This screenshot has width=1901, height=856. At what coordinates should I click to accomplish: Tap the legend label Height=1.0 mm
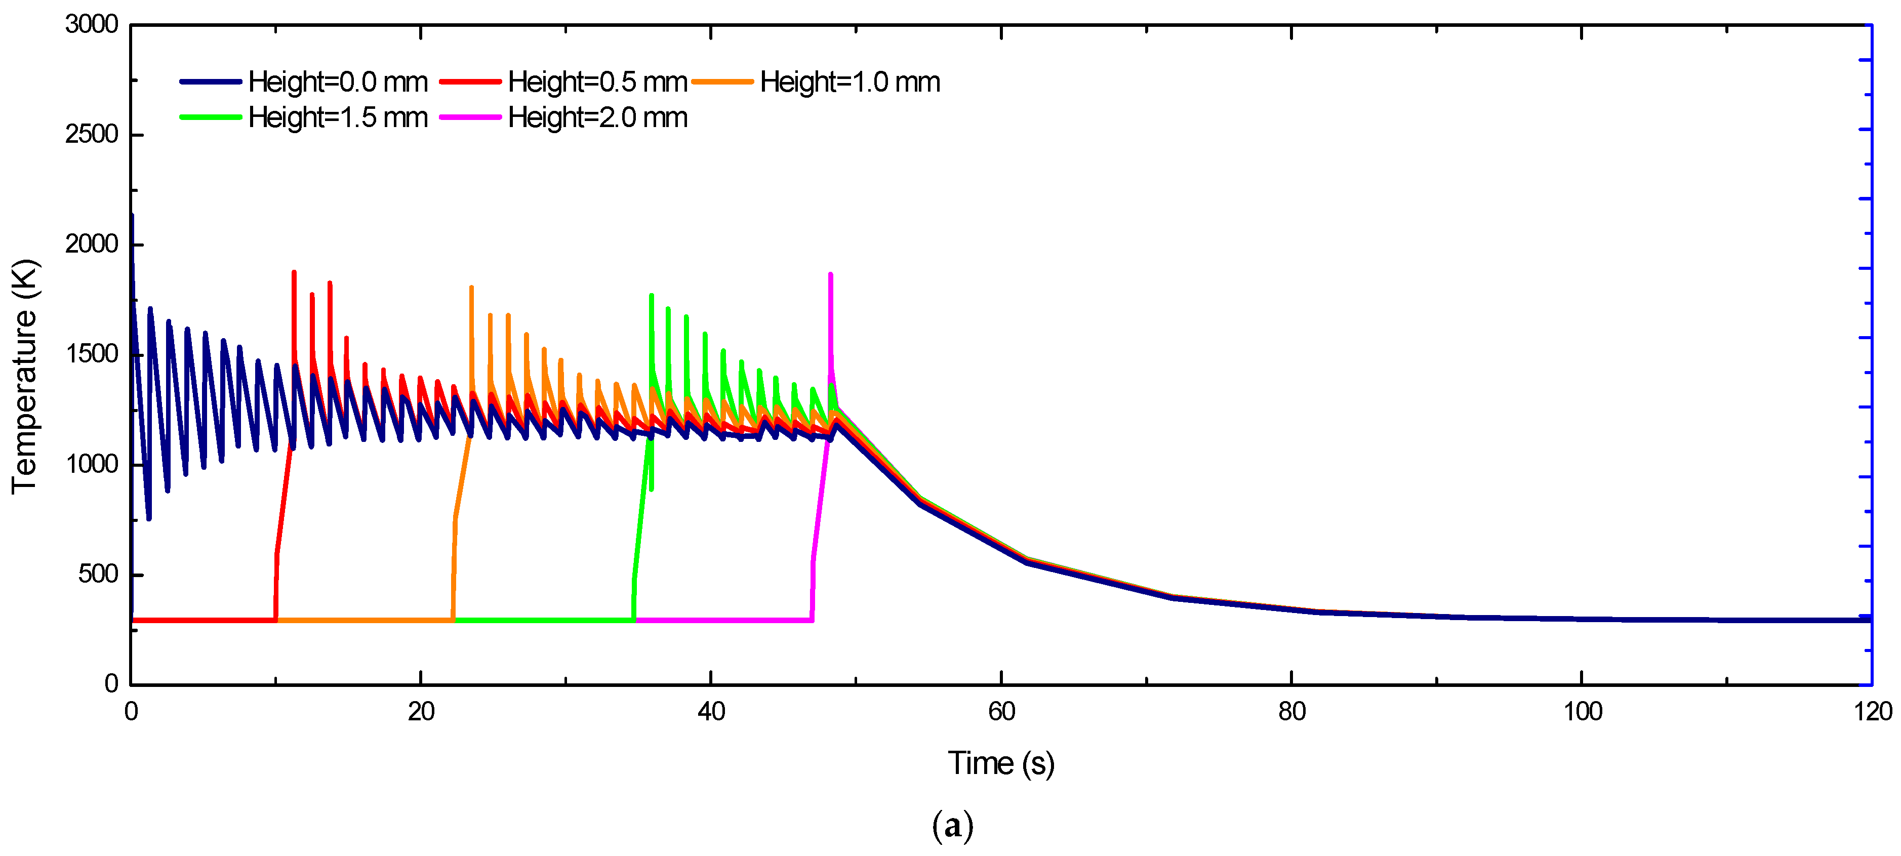tap(850, 82)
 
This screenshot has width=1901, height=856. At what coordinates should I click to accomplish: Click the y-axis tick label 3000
tap(92, 24)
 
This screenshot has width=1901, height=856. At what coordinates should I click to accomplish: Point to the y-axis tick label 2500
tap(92, 134)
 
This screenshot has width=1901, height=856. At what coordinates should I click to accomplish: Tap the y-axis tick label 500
tap(98, 574)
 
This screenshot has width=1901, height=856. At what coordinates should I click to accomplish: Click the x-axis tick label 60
tap(1001, 712)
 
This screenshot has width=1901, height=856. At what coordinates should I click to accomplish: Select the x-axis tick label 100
tap(1582, 712)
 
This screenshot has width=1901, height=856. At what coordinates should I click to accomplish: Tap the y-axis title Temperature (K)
tap(24, 376)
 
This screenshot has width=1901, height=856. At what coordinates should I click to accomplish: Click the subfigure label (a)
tap(952, 826)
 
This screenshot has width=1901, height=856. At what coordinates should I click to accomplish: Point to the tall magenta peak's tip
tap(830, 274)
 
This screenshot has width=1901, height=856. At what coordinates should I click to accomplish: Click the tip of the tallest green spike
tap(651, 295)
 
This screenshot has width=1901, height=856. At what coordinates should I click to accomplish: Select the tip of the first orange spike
tap(471, 287)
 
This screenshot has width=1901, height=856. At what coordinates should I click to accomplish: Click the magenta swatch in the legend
tap(470, 118)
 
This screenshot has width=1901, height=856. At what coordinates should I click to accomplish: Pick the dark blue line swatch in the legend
tap(210, 82)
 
